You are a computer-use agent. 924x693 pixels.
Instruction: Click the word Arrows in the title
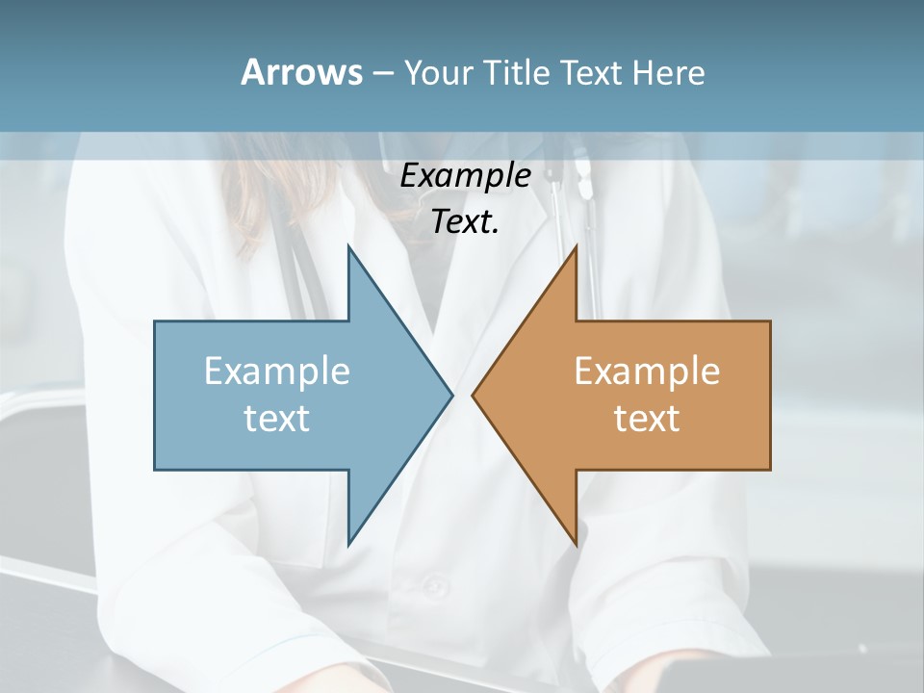tap(300, 72)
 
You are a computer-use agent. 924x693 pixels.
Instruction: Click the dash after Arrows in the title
tap(382, 73)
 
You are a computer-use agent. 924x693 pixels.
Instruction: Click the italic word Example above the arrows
tap(465, 175)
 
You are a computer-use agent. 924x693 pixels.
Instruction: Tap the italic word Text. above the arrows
tap(465, 221)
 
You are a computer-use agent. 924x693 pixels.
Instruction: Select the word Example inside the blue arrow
tap(277, 371)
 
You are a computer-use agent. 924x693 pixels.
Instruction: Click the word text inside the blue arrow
tap(277, 418)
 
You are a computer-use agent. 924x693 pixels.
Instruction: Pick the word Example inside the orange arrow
tap(647, 371)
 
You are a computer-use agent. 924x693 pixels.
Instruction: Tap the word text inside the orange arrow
tap(647, 418)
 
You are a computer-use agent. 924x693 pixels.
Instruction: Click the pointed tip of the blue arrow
tap(451, 395)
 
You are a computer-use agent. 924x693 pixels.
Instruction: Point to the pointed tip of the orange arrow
tap(474, 395)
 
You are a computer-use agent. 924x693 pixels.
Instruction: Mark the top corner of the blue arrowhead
tap(348, 247)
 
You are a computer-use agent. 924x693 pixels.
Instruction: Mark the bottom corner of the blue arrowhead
tap(348, 544)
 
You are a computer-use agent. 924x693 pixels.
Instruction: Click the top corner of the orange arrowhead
tap(576, 247)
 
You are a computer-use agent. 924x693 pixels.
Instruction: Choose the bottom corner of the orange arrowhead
tap(576, 544)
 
